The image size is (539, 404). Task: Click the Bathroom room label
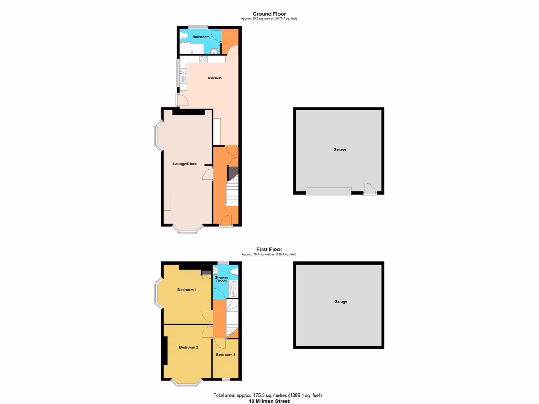point(201,37)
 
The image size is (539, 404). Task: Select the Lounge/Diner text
point(185,164)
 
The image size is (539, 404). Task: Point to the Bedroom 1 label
point(187,290)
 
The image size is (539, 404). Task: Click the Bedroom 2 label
point(188,347)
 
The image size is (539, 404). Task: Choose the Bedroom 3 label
point(226,355)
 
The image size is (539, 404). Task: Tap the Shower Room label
point(222,279)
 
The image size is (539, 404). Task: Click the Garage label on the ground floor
point(340,150)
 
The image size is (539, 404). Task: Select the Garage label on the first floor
point(341,302)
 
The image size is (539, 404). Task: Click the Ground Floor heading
point(269,14)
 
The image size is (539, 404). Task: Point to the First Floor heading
point(269,249)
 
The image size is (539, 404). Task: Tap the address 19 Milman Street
point(269,401)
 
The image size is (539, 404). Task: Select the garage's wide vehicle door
point(329,191)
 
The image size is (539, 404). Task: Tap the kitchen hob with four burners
point(203,59)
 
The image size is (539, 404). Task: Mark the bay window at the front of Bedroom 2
point(188,382)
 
